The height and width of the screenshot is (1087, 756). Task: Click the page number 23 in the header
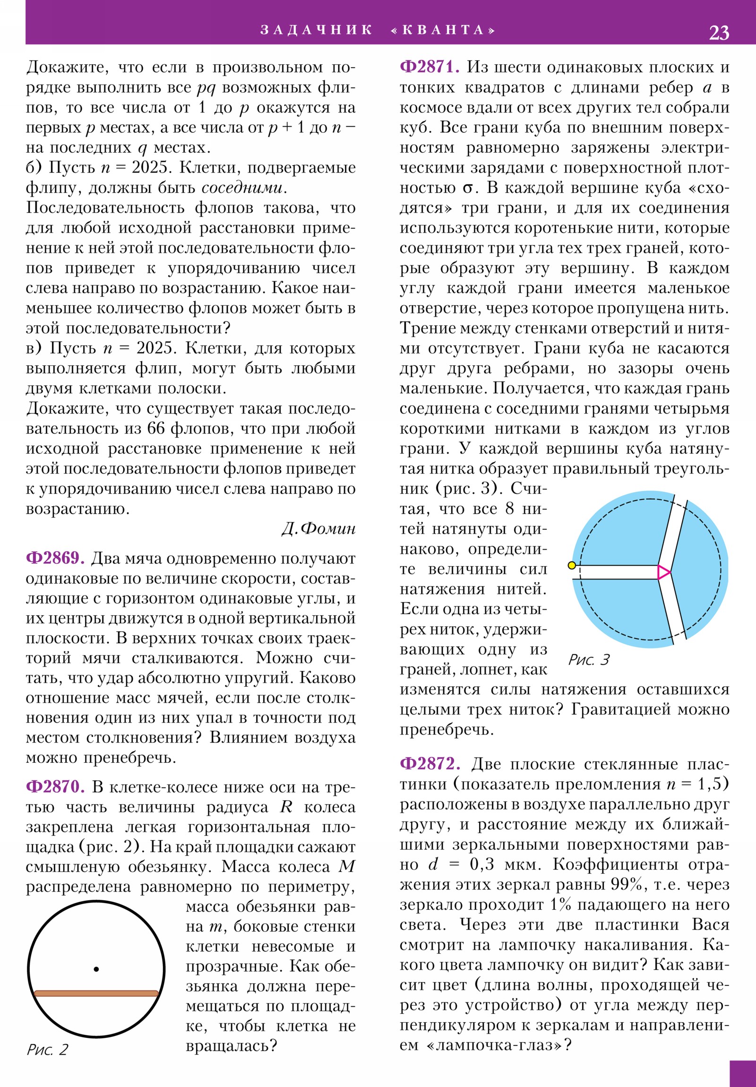click(719, 32)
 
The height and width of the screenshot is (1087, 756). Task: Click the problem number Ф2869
click(55, 558)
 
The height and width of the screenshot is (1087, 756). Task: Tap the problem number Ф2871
click(430, 67)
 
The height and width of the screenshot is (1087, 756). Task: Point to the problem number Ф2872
click(430, 764)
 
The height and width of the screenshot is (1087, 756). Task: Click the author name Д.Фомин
click(318, 529)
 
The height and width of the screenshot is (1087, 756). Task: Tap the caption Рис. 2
click(47, 1050)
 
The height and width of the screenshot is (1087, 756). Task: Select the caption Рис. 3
click(589, 660)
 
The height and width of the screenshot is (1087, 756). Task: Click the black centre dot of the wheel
click(96, 969)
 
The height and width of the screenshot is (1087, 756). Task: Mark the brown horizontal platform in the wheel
click(96, 994)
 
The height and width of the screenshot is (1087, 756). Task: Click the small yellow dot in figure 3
click(572, 565)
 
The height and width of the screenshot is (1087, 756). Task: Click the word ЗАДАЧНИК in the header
click(316, 30)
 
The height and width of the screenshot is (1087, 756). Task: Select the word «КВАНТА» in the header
click(443, 30)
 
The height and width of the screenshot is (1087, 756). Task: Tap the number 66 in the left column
click(156, 429)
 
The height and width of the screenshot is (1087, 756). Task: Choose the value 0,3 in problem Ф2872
click(482, 864)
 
